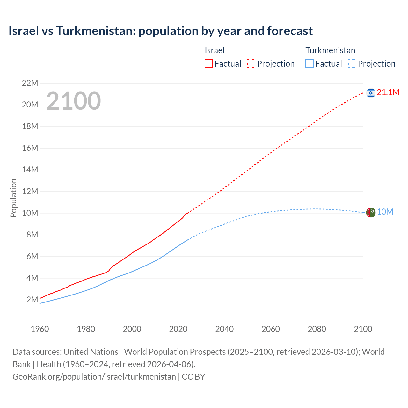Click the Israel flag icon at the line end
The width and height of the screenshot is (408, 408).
coord(370,93)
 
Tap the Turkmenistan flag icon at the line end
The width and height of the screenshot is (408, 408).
coord(370,212)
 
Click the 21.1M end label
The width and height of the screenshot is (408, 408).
coord(388,92)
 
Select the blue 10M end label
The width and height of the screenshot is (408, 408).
coord(385,212)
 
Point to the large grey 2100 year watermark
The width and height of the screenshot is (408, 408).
coord(74,101)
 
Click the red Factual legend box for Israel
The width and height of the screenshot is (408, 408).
coord(208,63)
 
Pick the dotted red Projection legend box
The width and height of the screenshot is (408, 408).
coord(251,63)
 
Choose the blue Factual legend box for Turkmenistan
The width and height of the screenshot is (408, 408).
coord(309,63)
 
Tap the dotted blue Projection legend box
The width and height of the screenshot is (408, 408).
coord(352,63)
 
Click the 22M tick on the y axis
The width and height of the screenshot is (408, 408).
coord(30,83)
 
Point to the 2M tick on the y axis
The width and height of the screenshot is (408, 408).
coord(32,300)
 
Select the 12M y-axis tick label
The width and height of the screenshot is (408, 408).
coord(30,192)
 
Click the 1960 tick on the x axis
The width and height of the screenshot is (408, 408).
coord(40,329)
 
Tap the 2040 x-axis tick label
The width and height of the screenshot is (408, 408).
coord(224,329)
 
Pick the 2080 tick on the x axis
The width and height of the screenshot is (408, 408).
coord(317,329)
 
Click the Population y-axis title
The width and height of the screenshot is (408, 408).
coord(13,198)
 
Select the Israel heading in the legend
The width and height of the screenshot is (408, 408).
coord(214,50)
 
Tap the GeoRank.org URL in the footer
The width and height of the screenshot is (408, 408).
coord(94,377)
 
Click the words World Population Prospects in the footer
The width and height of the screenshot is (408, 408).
coord(175,352)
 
